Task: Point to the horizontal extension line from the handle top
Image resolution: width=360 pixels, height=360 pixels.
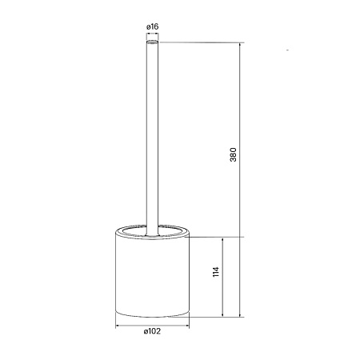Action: click(200, 42)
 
